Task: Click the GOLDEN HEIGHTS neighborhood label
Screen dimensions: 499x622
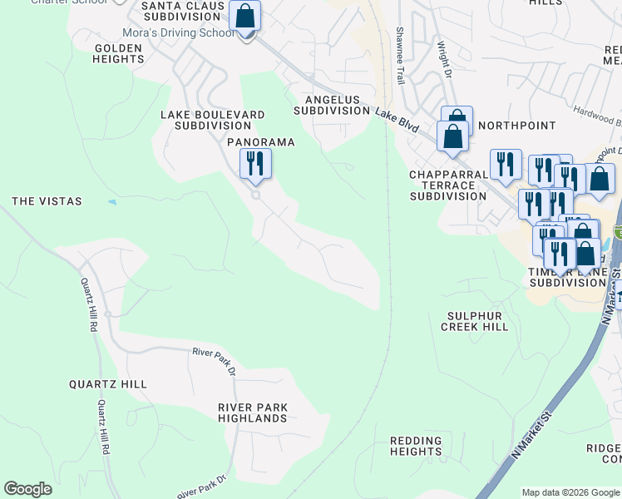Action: [x=119, y=54]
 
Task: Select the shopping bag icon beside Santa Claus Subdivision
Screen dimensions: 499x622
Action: [x=244, y=16]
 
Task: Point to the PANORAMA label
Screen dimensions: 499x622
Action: [x=261, y=142]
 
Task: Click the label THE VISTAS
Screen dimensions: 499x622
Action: [x=47, y=201]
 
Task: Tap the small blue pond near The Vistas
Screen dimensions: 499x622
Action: [x=112, y=202]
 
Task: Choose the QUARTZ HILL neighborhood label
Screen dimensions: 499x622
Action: [x=108, y=384]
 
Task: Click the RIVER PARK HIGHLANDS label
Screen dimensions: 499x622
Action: [x=253, y=413]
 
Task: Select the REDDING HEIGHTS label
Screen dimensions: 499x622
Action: [x=416, y=447]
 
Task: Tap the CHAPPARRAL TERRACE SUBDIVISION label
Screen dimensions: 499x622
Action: [x=447, y=185]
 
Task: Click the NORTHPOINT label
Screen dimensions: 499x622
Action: [x=517, y=126]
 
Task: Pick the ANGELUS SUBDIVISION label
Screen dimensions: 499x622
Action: [x=332, y=105]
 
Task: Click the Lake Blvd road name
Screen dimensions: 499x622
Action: [x=397, y=120]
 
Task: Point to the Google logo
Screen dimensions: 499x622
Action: [x=27, y=489]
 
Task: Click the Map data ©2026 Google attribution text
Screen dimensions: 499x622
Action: [x=570, y=492]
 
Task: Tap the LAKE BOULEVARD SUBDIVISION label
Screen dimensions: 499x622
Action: [x=213, y=120]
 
